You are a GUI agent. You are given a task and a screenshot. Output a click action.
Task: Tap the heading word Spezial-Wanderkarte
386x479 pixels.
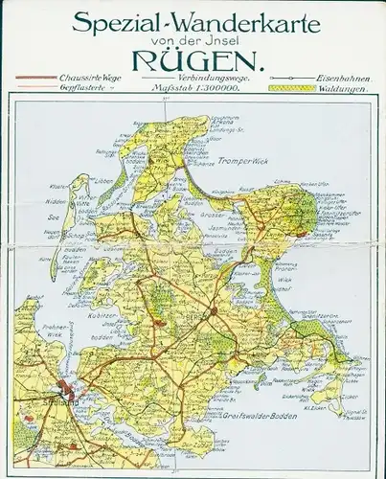[x=192, y=18]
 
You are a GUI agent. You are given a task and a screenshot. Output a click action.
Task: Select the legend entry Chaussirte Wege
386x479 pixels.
[x=95, y=76]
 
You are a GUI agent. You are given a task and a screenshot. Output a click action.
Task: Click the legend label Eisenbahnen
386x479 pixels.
[x=343, y=76]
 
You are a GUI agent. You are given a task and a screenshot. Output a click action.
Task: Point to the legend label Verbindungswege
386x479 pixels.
[x=205, y=76]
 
